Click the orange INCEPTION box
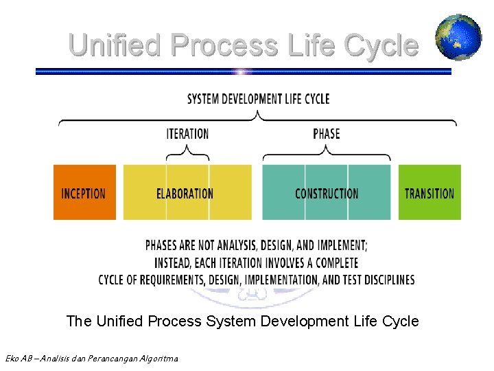[x=84, y=193]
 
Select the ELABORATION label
[x=185, y=194]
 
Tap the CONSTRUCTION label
[x=327, y=194]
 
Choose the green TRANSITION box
[x=430, y=193]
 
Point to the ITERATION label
[x=187, y=133]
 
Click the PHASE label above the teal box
[x=327, y=133]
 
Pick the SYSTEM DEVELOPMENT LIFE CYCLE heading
[x=258, y=99]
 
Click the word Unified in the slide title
[x=115, y=45]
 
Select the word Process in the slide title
[x=224, y=45]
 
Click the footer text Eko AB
[x=16, y=358]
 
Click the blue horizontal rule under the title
[x=244, y=71]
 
